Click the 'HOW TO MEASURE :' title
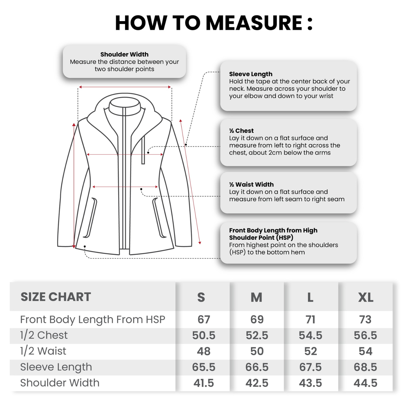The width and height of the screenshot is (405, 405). click(214, 23)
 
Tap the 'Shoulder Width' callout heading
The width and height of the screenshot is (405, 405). click(124, 54)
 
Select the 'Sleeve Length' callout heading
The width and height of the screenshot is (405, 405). click(251, 74)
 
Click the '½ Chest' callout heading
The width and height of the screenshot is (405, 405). click(241, 131)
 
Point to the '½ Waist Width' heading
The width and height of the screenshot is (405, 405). click(251, 184)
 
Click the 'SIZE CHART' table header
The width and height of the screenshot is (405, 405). click(56, 297)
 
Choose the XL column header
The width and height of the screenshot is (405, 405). click(366, 298)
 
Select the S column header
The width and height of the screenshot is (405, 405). click(201, 298)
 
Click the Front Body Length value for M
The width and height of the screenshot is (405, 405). click(257, 320)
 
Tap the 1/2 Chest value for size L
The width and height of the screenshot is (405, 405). click(310, 335)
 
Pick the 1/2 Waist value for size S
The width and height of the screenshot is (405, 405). click(204, 351)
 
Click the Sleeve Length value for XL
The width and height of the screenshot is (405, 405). click(365, 367)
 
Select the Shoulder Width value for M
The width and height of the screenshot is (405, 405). click(257, 383)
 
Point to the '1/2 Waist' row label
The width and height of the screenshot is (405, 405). click(43, 351)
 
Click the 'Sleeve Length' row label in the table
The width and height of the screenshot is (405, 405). click(56, 367)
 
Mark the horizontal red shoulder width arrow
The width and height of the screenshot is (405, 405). click(125, 87)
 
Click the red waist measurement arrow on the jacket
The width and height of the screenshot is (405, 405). click(125, 187)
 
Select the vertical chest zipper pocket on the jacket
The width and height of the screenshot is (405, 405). click(143, 150)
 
